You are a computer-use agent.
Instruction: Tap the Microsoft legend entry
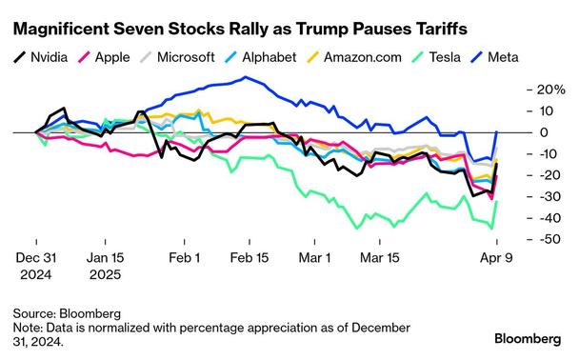coord(182,57)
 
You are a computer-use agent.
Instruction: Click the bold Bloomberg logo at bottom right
coord(529,338)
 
